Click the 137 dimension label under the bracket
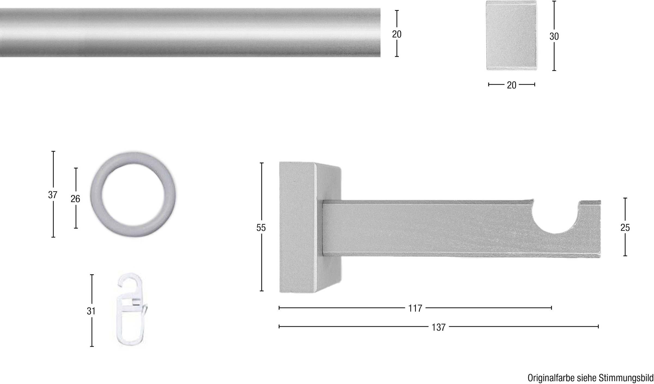click(x=438, y=327)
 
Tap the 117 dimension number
click(x=415, y=308)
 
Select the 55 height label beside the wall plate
click(x=261, y=228)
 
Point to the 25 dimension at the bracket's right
click(x=625, y=228)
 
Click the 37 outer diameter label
click(x=53, y=195)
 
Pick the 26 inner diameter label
click(x=75, y=199)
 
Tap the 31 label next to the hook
click(x=91, y=311)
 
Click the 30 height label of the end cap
click(x=554, y=36)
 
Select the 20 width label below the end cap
click(x=511, y=85)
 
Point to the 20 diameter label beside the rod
click(x=397, y=34)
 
